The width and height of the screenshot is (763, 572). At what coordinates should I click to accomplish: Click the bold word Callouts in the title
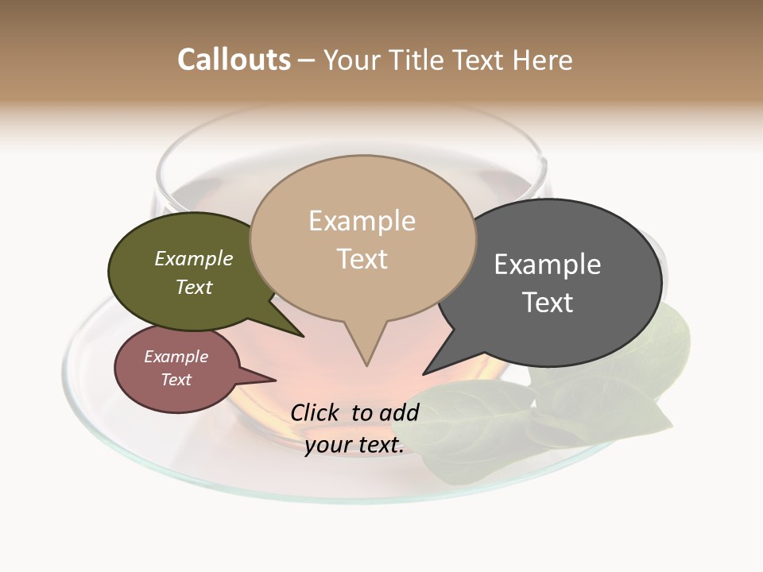point(234,60)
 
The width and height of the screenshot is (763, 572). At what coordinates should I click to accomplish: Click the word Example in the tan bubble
point(362,221)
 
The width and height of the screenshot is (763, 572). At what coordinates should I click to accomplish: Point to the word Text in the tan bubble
point(362,259)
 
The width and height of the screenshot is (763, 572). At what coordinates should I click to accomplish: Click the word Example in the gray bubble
point(548,265)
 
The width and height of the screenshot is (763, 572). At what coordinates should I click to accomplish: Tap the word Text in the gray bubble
point(548,303)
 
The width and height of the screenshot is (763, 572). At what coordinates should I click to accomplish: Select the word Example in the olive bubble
point(194,259)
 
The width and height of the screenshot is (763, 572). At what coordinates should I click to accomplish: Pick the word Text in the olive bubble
point(194,287)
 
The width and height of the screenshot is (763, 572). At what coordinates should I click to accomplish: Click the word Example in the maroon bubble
point(176,357)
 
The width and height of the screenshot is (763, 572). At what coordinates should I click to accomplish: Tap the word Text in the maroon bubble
point(176,380)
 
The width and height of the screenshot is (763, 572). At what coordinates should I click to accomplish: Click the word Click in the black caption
point(316,412)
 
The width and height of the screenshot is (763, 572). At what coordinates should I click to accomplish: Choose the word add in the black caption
point(400,412)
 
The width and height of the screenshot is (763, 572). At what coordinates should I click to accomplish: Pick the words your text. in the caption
point(354,445)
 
